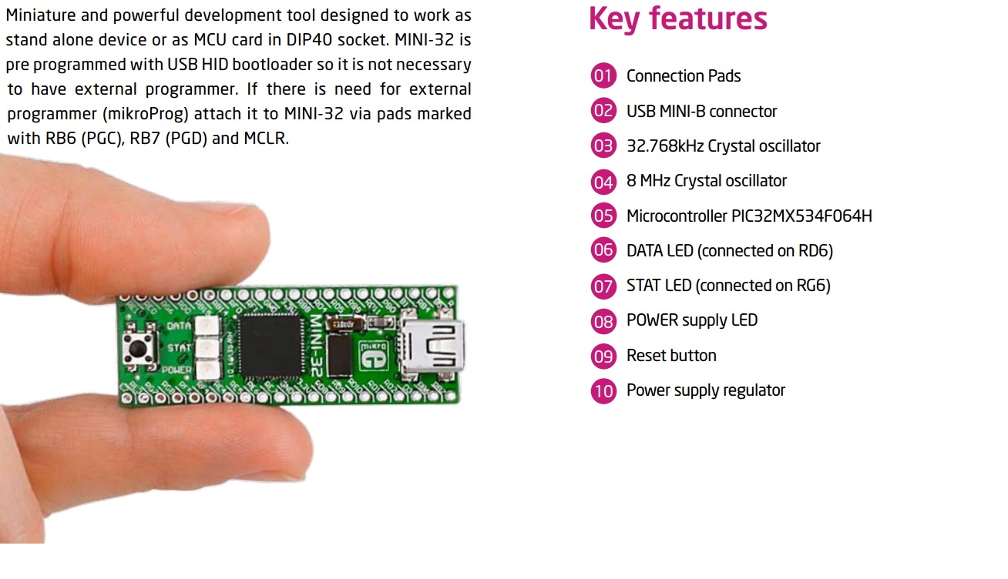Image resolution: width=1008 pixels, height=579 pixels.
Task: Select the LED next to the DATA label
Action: tap(206, 326)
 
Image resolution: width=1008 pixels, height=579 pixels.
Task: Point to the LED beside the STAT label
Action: tap(206, 348)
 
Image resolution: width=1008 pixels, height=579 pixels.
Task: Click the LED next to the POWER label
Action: tap(206, 370)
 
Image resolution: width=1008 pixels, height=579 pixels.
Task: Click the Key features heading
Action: tap(677, 18)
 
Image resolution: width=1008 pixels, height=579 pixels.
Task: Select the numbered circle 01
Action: tap(603, 75)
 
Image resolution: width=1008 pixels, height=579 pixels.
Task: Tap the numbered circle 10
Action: tap(603, 390)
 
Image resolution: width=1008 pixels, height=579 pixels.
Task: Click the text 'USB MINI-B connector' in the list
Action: tap(701, 111)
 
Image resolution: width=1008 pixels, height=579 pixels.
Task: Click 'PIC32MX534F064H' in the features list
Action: tap(801, 216)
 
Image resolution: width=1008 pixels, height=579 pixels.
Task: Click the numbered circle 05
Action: tap(603, 216)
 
